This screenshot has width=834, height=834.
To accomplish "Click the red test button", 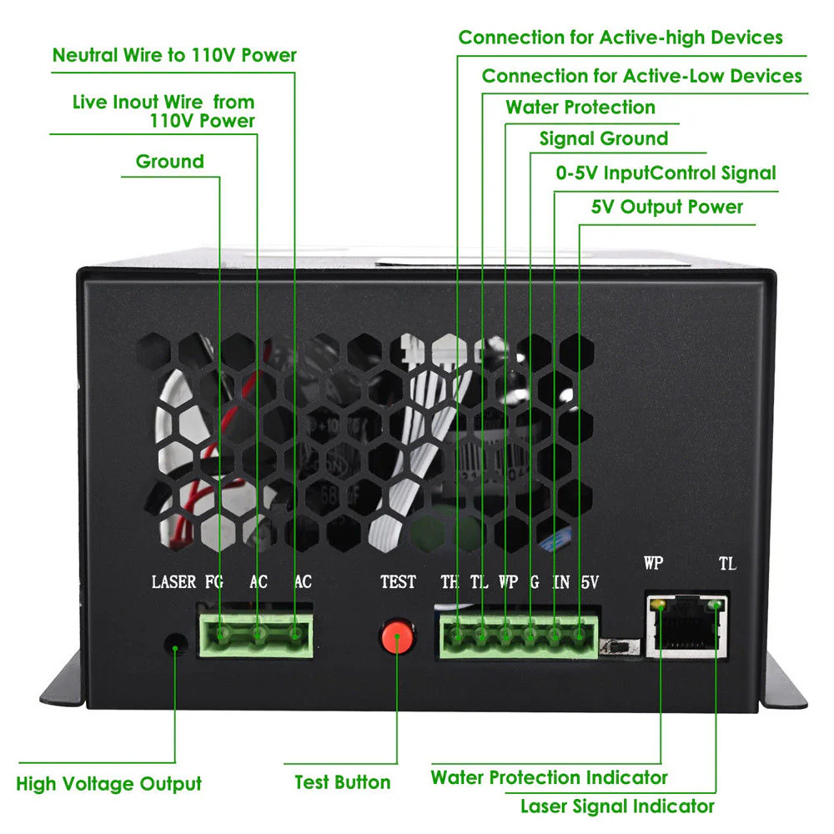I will coord(398,638).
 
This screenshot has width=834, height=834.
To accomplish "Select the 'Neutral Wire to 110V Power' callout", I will coord(174,56).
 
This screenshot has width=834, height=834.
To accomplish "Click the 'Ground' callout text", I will coord(169,161).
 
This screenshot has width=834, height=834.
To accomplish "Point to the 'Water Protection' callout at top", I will coord(580,108).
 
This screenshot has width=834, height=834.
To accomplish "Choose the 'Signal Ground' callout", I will coord(604,138).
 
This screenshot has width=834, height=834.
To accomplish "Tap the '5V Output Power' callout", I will coord(667,207).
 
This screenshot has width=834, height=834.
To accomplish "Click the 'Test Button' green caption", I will coord(343,782).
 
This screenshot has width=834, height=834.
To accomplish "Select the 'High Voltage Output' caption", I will coord(109,784).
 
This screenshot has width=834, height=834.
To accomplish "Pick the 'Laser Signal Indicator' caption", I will coord(617,806).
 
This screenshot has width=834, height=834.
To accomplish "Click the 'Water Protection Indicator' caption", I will coord(549,777).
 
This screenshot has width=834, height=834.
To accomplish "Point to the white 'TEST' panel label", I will coord(398,581).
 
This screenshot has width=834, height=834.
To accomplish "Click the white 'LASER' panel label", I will coord(173,581).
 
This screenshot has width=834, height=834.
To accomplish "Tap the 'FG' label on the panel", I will coord(214,581).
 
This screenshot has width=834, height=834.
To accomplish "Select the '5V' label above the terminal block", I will coord(589,581).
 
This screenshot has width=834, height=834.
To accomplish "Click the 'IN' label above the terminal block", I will coord(561,581).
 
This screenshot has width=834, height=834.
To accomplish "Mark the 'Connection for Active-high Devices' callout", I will coord(620,38).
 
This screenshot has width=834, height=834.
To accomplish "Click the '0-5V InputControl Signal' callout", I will coord(666,173).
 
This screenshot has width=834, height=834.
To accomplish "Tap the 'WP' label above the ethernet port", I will coord(653,563).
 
